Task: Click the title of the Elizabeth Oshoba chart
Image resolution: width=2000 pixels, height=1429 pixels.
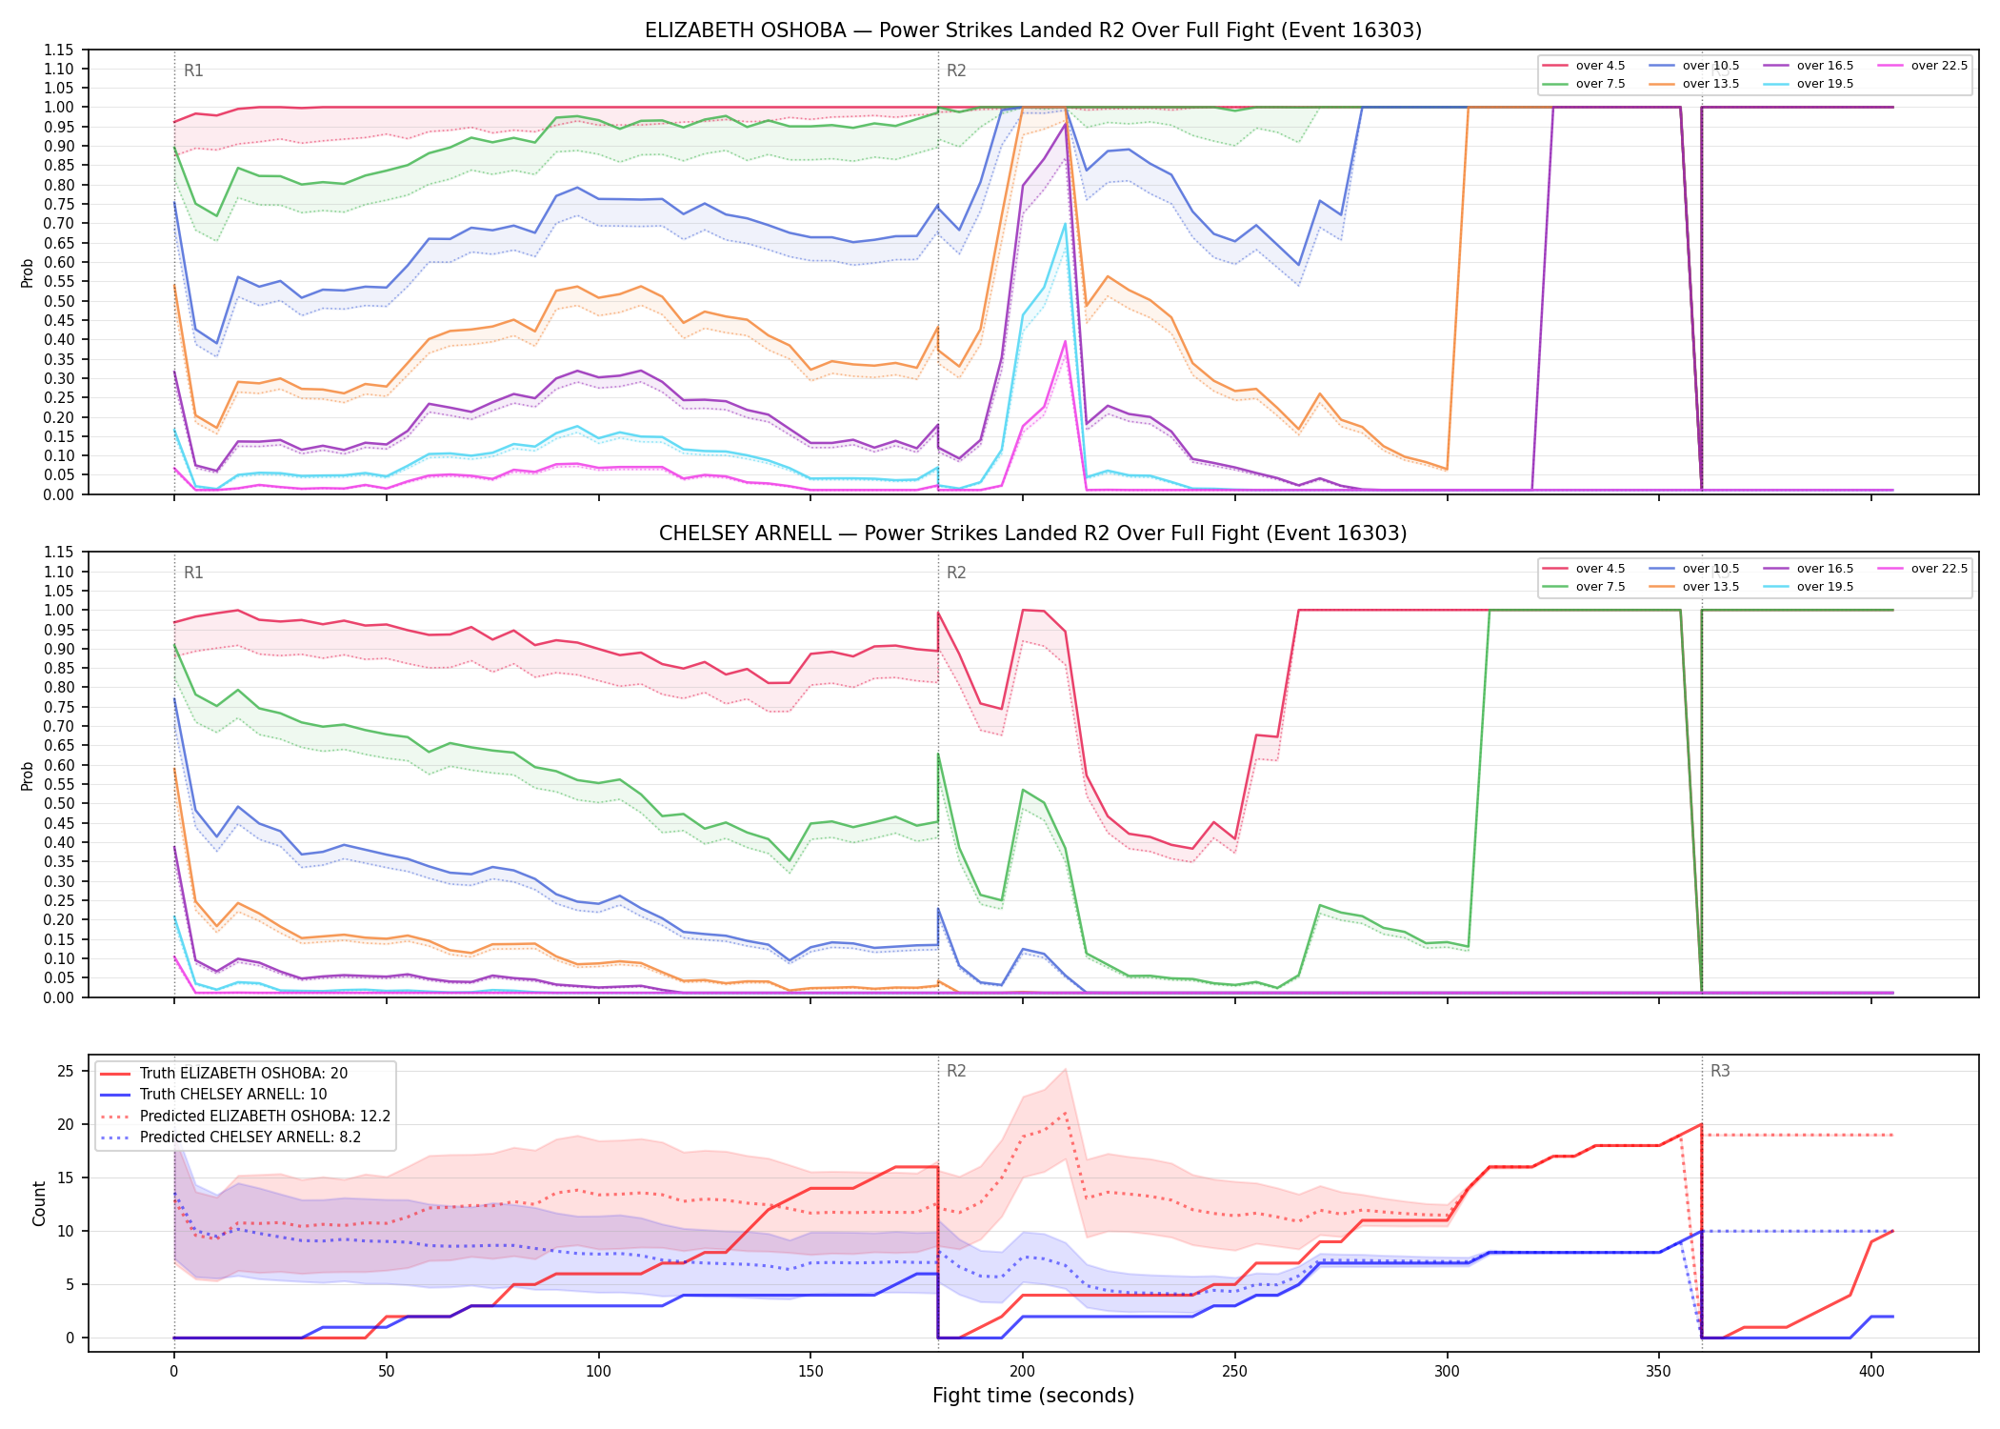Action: [1033, 30]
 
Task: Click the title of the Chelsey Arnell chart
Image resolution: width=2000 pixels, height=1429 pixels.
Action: [1033, 533]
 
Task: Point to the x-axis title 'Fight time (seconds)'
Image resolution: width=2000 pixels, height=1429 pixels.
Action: [1033, 1396]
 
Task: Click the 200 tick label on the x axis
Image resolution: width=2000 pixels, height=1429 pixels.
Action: [1023, 1372]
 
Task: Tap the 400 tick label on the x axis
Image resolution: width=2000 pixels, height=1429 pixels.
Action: [1871, 1372]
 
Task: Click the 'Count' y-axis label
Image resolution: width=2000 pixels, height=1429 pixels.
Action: [39, 1203]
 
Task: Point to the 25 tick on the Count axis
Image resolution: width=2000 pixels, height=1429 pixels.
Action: [66, 1071]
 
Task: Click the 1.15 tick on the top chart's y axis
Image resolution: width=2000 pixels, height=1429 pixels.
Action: [59, 50]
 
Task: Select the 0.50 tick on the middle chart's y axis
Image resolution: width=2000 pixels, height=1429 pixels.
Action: [59, 803]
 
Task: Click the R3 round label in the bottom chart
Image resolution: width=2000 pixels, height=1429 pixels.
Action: [1720, 1071]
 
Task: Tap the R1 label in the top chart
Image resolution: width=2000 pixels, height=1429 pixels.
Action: [193, 70]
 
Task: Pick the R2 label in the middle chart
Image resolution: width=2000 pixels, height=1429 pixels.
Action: [956, 573]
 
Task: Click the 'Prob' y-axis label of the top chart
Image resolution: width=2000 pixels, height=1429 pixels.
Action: [28, 272]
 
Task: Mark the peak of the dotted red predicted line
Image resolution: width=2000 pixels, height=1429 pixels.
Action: [1065, 1113]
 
